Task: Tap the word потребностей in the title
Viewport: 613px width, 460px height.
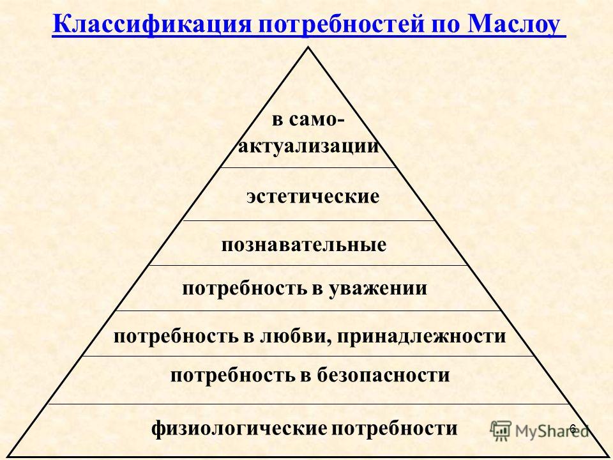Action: (x=341, y=25)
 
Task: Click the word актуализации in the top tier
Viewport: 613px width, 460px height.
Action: (x=308, y=146)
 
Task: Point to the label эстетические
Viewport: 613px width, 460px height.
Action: (x=313, y=196)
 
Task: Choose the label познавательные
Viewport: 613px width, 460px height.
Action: (x=304, y=245)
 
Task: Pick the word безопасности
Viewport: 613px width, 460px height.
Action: (x=383, y=375)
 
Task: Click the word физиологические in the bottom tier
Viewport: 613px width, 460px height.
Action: (x=239, y=429)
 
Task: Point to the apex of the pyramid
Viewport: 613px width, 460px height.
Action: (x=308, y=48)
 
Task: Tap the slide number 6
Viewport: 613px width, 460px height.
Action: (x=573, y=429)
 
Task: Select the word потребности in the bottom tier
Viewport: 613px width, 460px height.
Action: (x=395, y=429)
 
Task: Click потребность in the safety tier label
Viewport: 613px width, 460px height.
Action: (x=232, y=376)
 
